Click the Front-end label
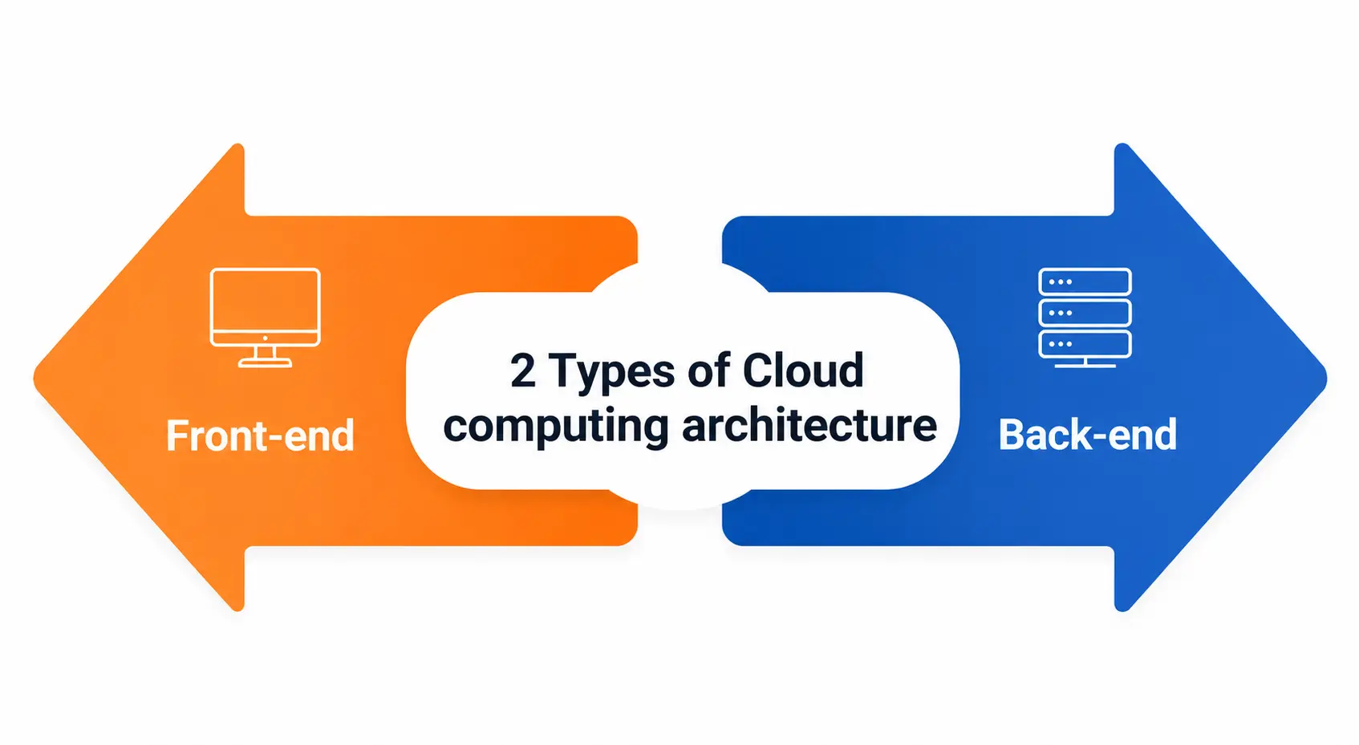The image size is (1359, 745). click(260, 435)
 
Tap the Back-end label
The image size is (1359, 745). click(1088, 435)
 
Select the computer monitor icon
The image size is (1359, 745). click(265, 318)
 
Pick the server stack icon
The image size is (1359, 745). click(1085, 318)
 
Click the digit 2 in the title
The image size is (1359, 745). click(523, 370)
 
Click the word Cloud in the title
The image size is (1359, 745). click(803, 370)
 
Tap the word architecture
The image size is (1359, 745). click(809, 425)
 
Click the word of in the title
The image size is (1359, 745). click(709, 370)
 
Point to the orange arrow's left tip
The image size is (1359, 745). click(34, 378)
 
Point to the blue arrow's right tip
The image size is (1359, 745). click(1326, 378)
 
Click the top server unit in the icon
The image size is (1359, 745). click(1085, 282)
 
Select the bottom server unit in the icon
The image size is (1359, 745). click(1085, 344)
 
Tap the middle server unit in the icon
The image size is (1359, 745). click(1085, 313)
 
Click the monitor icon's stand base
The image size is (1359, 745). click(265, 363)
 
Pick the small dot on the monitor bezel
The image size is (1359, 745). click(265, 338)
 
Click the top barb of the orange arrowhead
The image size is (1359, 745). click(238, 148)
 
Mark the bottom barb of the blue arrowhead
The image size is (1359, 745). click(1122, 607)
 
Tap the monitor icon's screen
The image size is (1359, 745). click(265, 301)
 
